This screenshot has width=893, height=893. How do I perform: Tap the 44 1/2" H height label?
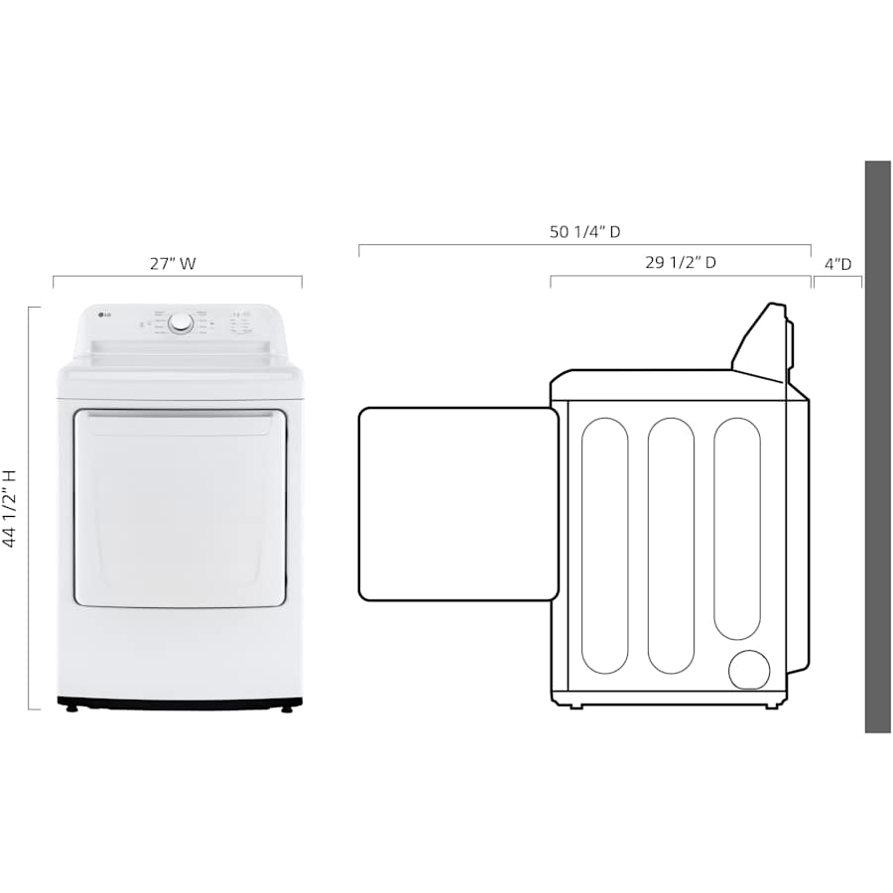point(11,508)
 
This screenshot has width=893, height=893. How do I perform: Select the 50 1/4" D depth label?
point(584,231)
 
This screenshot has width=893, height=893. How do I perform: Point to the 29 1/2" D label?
point(681,263)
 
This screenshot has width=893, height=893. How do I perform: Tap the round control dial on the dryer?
point(181,323)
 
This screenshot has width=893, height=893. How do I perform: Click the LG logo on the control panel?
point(101,317)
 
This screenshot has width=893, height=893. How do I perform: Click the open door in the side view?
point(457,503)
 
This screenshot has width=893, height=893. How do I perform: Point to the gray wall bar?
point(877,446)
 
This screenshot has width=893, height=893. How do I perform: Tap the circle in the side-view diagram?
point(749,670)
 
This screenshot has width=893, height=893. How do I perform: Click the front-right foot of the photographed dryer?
point(288,708)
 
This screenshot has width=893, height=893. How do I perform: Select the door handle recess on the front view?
point(180,425)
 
